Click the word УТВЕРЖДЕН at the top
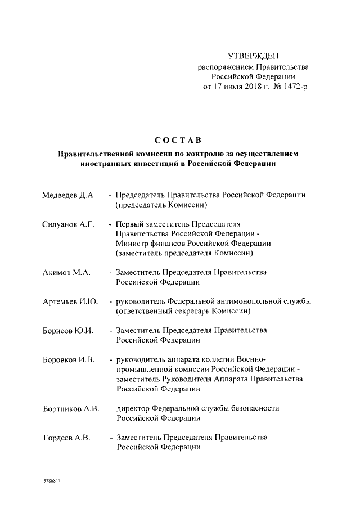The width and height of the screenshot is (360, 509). [x=253, y=56]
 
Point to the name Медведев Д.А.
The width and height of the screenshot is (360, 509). [x=69, y=195]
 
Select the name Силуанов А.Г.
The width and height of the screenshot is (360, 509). [x=67, y=224]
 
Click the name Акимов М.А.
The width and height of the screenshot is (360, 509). [x=66, y=272]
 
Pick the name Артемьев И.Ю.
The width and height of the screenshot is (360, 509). [x=70, y=301]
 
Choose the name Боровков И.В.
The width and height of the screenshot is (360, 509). [x=68, y=359]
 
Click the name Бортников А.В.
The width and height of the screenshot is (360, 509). [x=71, y=408]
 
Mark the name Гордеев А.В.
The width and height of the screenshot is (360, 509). [x=66, y=437]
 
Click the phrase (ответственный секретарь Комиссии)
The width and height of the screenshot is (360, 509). [x=183, y=311]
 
